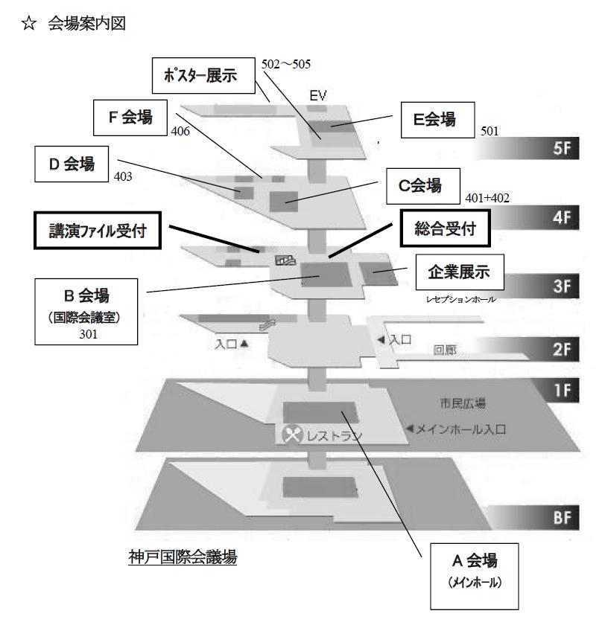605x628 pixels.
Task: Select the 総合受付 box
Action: click(446, 230)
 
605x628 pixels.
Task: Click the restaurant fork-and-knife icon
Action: click(291, 433)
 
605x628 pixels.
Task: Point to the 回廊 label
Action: click(445, 350)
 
